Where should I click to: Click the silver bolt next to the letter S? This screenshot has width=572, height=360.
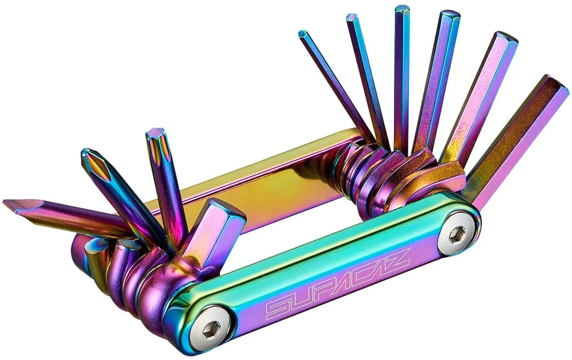coord(212,327)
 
